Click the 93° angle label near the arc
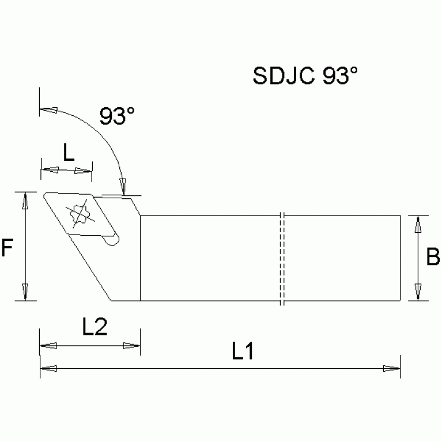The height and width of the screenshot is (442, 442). click(117, 116)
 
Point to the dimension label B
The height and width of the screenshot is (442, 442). click(432, 257)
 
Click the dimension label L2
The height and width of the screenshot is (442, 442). click(93, 328)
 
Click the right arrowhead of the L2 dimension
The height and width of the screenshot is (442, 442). click(132, 346)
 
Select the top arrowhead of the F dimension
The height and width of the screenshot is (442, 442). click(24, 200)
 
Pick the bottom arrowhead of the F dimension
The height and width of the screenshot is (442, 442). click(24, 292)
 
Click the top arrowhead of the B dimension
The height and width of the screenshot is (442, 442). click(419, 224)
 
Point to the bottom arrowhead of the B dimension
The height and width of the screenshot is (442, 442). click(419, 292)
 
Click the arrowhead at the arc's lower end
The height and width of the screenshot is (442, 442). click(122, 186)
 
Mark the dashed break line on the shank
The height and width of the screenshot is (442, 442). click(282, 258)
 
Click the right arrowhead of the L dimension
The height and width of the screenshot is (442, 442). click(85, 171)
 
